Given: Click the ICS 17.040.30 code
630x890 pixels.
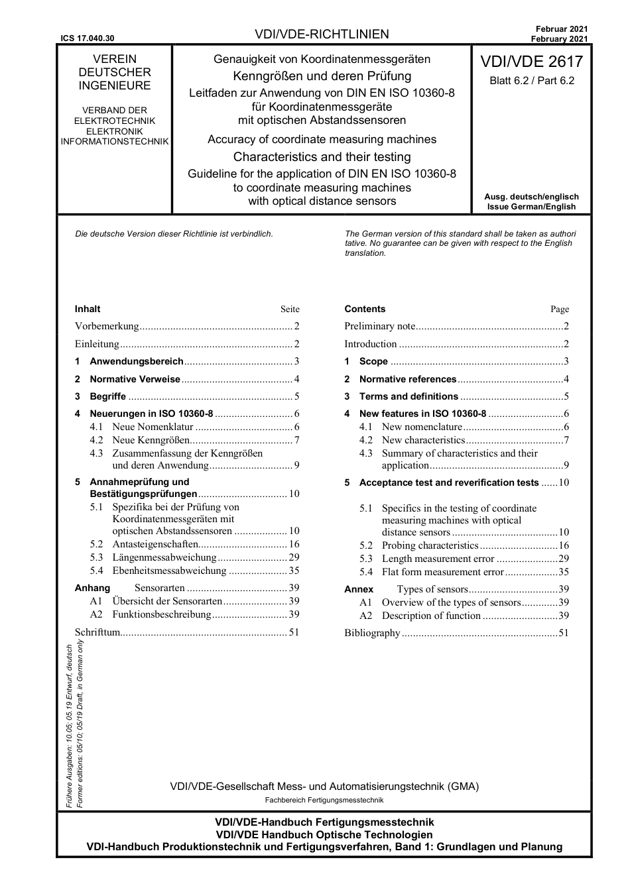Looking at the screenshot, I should click(87, 38).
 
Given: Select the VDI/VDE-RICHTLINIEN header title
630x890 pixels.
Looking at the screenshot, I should click(322, 34).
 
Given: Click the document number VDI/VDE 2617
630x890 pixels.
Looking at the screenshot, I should click(531, 62).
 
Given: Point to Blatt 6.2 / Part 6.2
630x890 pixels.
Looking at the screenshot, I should click(532, 81).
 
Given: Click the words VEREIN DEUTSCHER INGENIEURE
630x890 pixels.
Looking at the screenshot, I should click(115, 72).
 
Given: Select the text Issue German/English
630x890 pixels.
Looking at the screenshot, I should click(531, 207).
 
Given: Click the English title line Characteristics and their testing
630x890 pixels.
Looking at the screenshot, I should click(322, 157).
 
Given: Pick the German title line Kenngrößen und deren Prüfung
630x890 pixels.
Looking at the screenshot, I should click(322, 76).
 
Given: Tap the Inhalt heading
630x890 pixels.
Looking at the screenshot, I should click(88, 309).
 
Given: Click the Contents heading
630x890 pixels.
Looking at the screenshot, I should click(365, 309).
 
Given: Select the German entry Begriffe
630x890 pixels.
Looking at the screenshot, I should click(107, 396).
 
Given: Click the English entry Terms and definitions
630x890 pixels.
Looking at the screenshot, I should click(409, 396).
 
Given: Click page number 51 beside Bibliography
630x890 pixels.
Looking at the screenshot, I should click(564, 633).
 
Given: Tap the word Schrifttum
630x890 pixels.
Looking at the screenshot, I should click(97, 632).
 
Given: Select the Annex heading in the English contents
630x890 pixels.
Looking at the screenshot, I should click(359, 589).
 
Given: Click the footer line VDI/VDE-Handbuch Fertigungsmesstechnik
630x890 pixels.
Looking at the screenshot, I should click(324, 822).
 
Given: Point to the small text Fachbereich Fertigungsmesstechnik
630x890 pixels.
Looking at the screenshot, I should click(324, 800).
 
